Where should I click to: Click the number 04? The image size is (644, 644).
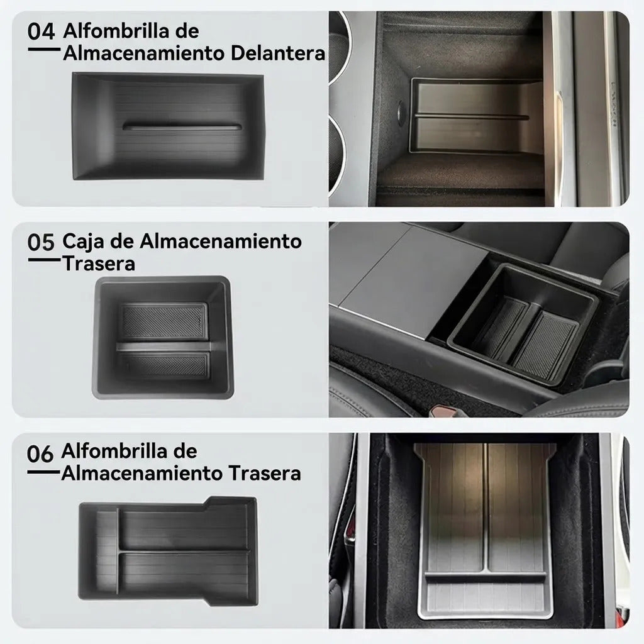coord(41,32)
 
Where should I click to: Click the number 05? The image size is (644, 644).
coord(41,242)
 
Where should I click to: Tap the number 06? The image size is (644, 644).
coord(40,454)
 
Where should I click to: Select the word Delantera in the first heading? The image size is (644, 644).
coord(278,53)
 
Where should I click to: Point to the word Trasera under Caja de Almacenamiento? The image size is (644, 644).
coord(99,264)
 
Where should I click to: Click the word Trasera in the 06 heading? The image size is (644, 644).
coord(265,474)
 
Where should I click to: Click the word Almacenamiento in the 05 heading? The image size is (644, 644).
coord(221,241)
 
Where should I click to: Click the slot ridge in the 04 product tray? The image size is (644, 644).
coord(181,126)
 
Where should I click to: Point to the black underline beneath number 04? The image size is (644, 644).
coord(45,49)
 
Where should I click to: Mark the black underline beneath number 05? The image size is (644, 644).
coord(45,260)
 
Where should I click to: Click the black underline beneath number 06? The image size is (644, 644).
coord(43,472)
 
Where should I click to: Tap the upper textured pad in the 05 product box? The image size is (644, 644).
coord(165,321)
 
